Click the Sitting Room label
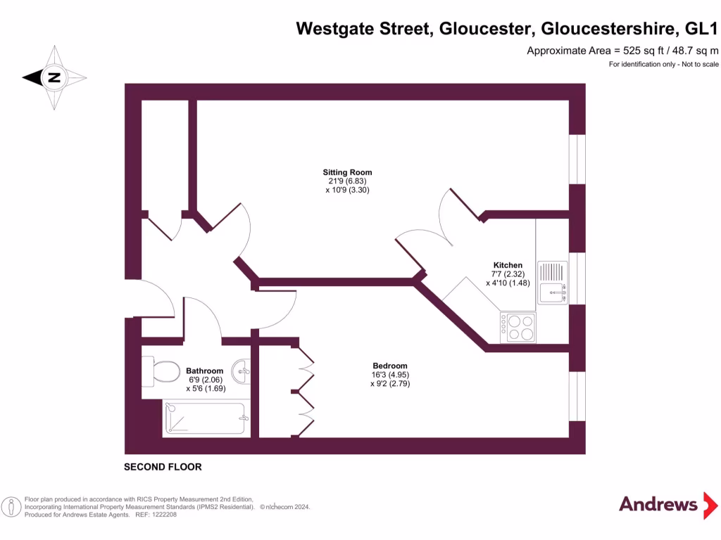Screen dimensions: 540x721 click(347, 172)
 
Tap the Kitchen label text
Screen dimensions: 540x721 click(508, 265)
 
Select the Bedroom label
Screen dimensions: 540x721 click(389, 366)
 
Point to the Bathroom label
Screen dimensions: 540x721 click(204, 371)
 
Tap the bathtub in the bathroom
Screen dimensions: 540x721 click(206, 418)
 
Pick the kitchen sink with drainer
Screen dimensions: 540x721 click(553, 283)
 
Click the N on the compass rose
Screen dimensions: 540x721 click(54, 77)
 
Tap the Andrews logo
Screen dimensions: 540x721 click(658, 504)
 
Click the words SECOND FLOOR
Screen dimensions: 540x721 click(163, 467)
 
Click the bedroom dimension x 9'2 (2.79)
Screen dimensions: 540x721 click(389, 384)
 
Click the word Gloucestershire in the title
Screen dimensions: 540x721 click(603, 29)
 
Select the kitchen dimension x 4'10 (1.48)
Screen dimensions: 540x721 click(508, 283)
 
